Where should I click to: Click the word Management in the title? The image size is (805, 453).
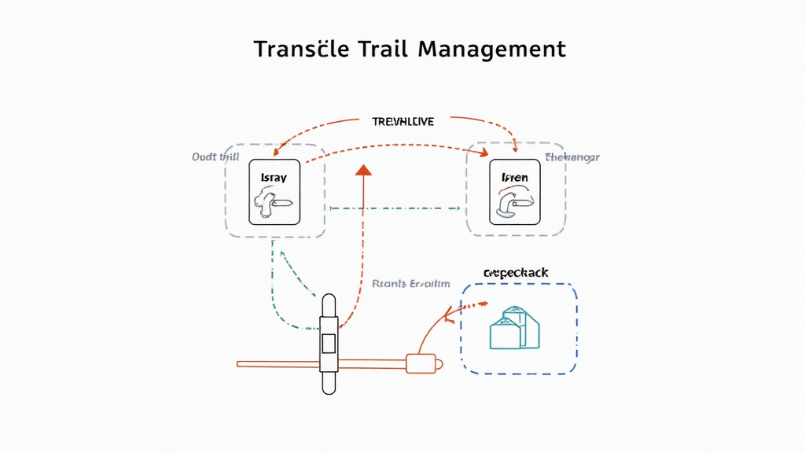point(491,49)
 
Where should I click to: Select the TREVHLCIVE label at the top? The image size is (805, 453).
point(402,122)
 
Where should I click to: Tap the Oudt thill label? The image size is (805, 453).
point(215,157)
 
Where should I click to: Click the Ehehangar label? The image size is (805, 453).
point(572,157)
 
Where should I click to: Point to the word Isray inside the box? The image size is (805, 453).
point(274,179)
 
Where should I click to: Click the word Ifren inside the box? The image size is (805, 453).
point(515,178)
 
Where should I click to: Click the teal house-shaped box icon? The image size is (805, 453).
point(515,327)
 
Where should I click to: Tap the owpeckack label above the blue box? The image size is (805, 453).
point(515,273)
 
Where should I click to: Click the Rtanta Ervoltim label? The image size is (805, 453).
point(410,284)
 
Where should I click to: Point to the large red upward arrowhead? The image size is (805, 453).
point(362,170)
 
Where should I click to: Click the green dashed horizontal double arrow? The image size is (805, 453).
point(395,208)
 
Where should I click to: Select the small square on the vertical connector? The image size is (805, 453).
point(329,343)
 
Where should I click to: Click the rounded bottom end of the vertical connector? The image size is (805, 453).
point(329,386)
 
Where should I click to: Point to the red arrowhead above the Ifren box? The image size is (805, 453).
point(515,148)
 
